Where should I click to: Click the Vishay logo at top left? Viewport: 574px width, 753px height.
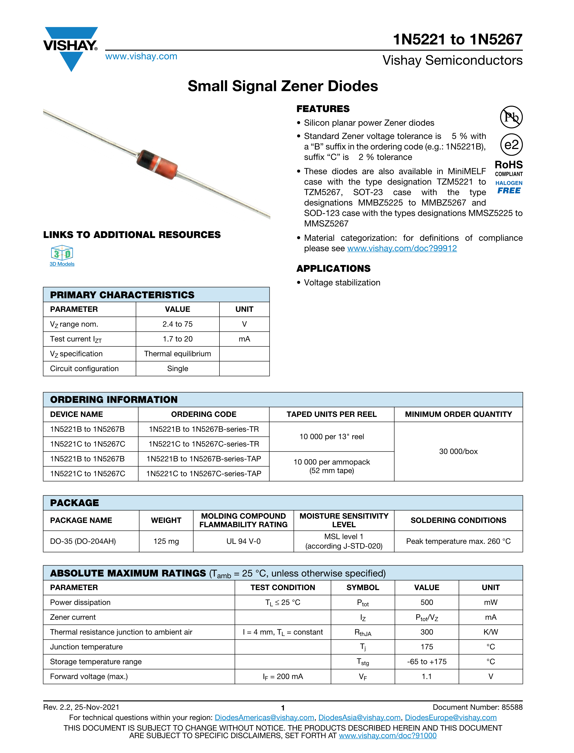(x=71, y=48)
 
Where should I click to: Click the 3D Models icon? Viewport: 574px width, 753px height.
(x=62, y=253)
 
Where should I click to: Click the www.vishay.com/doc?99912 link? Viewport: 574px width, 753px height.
(x=402, y=248)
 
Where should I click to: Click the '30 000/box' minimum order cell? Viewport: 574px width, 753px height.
(x=458, y=451)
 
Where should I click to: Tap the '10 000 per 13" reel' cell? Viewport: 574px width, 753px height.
(x=331, y=437)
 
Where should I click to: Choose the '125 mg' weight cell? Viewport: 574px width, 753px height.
(x=166, y=541)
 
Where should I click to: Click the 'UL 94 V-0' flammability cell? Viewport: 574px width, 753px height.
(x=243, y=541)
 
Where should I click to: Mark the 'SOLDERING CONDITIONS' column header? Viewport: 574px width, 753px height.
(x=458, y=520)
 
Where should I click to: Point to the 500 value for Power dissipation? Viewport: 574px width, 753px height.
(x=426, y=602)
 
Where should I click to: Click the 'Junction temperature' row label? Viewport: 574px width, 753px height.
(x=86, y=647)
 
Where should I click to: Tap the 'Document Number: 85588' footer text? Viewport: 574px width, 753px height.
(x=477, y=707)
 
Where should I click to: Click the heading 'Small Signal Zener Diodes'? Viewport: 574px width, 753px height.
(x=283, y=86)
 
